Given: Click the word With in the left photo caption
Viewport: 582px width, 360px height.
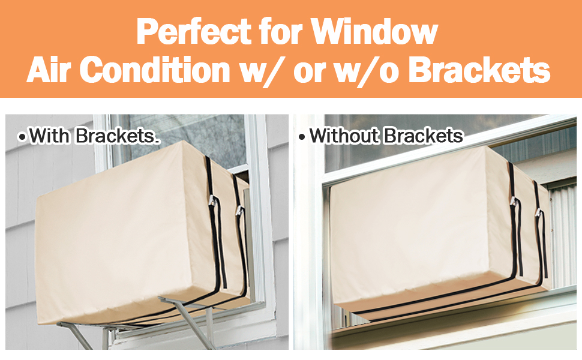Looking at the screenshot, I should (50, 136).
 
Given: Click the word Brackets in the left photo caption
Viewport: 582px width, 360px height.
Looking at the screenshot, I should (116, 136).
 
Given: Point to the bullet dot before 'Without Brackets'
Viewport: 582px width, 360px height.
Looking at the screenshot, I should (302, 137).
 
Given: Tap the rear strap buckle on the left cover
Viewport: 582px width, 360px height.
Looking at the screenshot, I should (239, 210).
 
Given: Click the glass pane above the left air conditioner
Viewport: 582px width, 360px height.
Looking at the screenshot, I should (180, 135).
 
